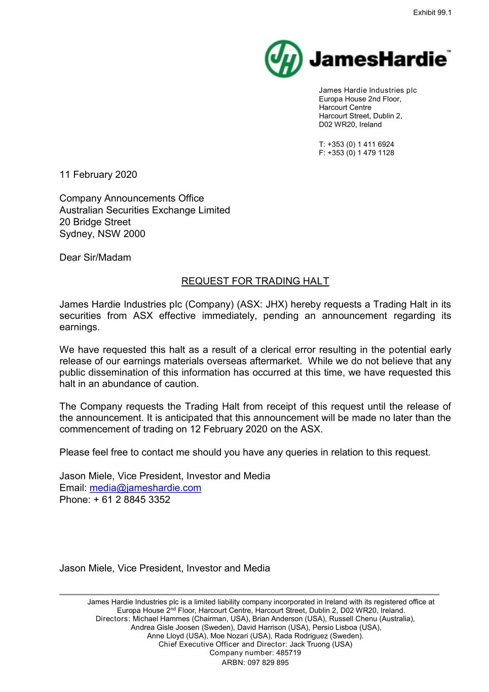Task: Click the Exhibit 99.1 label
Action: [x=432, y=13]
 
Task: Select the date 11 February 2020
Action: [x=98, y=175]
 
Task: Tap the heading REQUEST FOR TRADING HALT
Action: [x=255, y=281]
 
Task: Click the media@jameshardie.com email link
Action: [x=145, y=488]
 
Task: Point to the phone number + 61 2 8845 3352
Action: [x=132, y=500]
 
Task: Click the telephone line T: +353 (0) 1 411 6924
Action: [x=356, y=144]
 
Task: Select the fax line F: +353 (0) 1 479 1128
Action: [x=356, y=153]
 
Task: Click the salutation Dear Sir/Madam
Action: [x=95, y=258]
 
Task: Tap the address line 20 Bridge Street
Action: [x=95, y=222]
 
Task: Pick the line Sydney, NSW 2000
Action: [x=102, y=234]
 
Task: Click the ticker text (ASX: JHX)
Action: [x=262, y=305]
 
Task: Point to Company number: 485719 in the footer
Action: [x=255, y=653]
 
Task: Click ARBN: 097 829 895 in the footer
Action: [x=255, y=663]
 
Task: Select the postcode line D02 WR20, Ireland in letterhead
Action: [x=350, y=125]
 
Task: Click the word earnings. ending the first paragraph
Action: [x=80, y=327]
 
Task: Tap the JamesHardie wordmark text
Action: [x=378, y=59]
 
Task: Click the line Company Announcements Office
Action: [x=132, y=199]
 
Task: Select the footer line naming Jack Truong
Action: [x=255, y=644]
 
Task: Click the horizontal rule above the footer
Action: [x=249, y=594]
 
